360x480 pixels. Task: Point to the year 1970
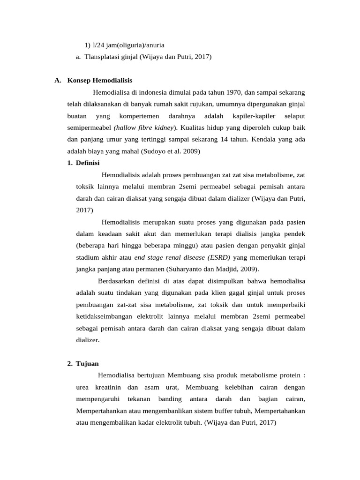click(232, 92)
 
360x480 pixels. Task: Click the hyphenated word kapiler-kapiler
click(257, 116)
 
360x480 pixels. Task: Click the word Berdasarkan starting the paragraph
click(117, 281)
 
